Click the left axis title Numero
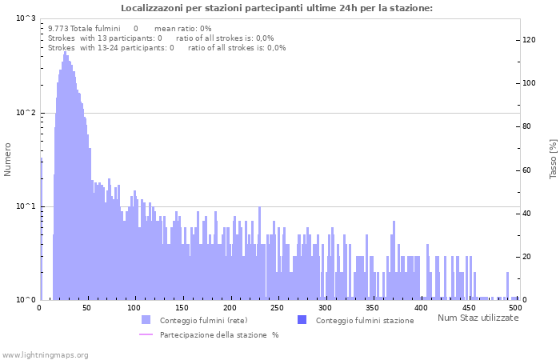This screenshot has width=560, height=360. (8, 159)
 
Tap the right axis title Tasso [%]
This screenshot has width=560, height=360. (553, 158)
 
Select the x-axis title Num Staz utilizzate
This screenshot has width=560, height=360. (478, 318)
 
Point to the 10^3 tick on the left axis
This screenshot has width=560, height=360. (26, 18)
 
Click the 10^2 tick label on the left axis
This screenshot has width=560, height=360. (26, 113)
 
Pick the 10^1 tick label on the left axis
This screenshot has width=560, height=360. (26, 206)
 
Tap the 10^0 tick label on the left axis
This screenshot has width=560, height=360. (26, 300)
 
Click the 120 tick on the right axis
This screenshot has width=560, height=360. (529, 40)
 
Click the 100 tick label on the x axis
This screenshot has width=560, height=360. (134, 308)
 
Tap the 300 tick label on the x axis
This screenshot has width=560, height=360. (325, 308)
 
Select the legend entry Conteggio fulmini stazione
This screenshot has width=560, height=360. (364, 320)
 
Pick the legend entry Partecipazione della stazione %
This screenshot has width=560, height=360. (218, 334)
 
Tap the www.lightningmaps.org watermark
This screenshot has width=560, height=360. (44, 354)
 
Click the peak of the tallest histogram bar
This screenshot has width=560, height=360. (65, 52)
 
